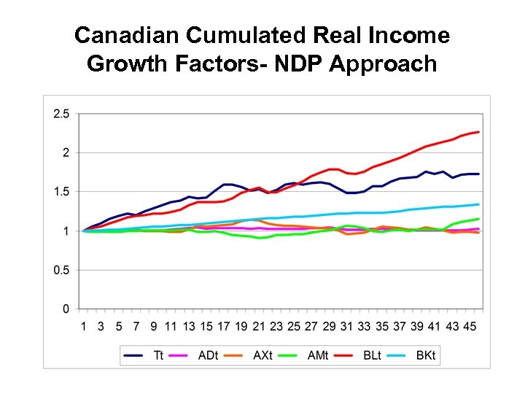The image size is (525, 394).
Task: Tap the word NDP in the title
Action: pos(295,64)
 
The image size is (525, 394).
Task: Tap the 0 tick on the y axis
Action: pos(66,309)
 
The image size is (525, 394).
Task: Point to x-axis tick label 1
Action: pos(83,325)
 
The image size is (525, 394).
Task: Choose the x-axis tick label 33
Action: pos(364,325)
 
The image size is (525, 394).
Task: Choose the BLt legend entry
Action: pos(370,355)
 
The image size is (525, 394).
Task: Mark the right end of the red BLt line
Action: pos(478,132)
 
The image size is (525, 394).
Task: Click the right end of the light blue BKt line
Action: pos(478,204)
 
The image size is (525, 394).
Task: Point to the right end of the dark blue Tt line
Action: pos(478,174)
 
